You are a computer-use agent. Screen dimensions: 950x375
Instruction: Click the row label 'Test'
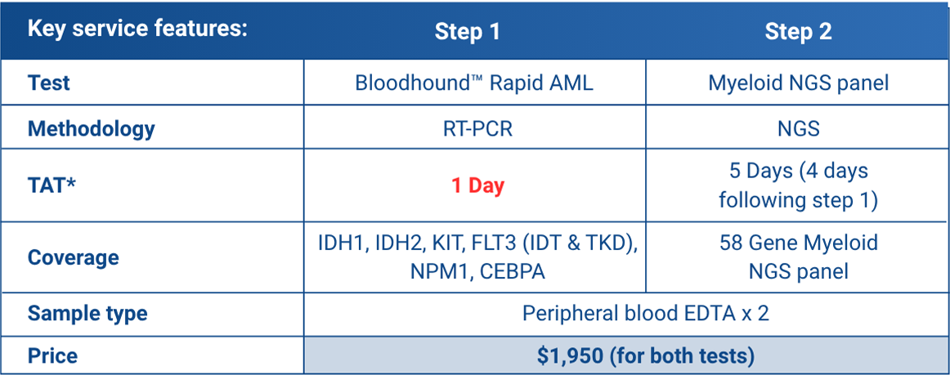(48, 83)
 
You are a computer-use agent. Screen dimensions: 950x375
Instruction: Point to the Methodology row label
(91, 128)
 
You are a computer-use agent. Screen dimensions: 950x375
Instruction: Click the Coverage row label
(74, 257)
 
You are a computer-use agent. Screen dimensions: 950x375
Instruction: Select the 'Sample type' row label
(87, 314)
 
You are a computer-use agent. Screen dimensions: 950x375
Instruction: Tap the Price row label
(52, 355)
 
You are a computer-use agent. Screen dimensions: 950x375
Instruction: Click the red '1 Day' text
(478, 185)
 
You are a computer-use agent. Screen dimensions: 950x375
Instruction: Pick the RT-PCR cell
(474, 128)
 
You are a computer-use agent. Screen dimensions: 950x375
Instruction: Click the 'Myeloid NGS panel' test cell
(798, 83)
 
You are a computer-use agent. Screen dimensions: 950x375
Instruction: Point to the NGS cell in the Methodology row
(798, 128)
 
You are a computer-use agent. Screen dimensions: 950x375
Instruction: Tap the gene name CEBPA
(513, 271)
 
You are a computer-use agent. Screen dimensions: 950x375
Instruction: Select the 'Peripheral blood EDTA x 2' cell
(645, 314)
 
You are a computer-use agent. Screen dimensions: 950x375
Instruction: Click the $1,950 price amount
(570, 356)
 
